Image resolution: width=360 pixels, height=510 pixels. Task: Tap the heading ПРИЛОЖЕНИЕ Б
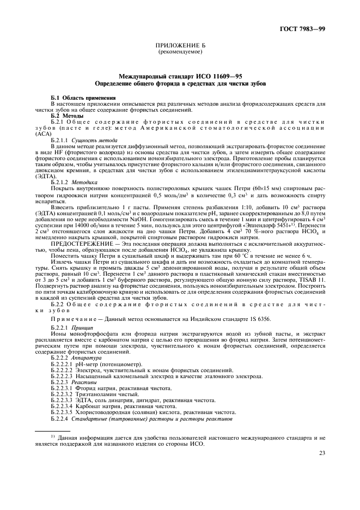[x=180, y=46]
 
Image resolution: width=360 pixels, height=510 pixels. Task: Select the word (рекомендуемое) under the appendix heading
[x=180, y=52]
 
